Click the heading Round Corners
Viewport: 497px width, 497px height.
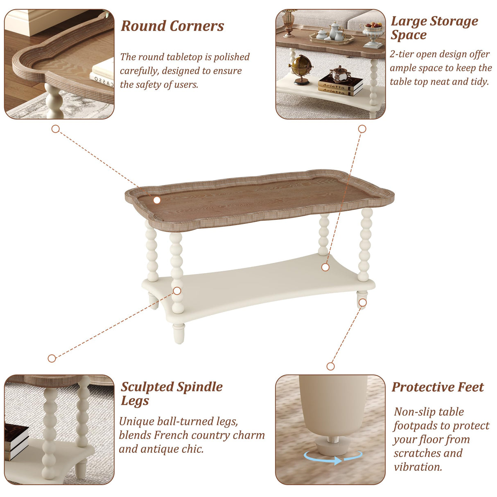(x=172, y=26)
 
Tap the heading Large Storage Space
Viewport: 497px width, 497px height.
(x=434, y=27)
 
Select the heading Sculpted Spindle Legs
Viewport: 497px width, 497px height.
(x=172, y=393)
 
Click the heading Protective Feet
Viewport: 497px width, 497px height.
(x=438, y=387)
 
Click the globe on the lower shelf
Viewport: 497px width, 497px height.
(x=301, y=67)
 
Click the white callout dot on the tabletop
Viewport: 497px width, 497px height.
(x=157, y=200)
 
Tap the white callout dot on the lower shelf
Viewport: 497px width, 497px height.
(x=325, y=267)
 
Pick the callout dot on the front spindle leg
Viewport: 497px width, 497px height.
(x=177, y=291)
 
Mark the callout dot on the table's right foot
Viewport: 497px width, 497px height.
(x=362, y=303)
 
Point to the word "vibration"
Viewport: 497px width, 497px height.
(x=418, y=467)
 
